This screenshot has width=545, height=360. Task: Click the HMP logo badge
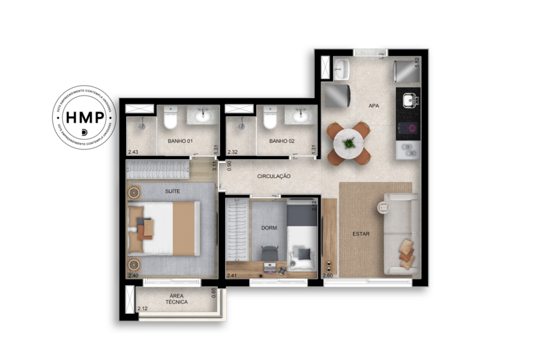tap(84, 118)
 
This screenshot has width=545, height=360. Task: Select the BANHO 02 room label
tap(282, 140)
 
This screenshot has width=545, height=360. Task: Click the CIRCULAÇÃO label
tap(273, 176)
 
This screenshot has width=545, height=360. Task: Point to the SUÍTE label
tap(172, 190)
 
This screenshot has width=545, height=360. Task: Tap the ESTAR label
tap(362, 233)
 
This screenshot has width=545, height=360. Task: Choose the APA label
tap(373, 105)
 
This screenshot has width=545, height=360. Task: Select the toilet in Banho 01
tap(170, 119)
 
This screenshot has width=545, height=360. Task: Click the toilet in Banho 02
tap(270, 119)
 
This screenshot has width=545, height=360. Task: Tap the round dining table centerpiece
tap(349, 142)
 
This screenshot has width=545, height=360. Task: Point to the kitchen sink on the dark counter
tap(410, 101)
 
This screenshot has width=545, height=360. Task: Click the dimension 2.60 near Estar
tap(328, 275)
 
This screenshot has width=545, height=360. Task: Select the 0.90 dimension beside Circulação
tap(221, 176)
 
